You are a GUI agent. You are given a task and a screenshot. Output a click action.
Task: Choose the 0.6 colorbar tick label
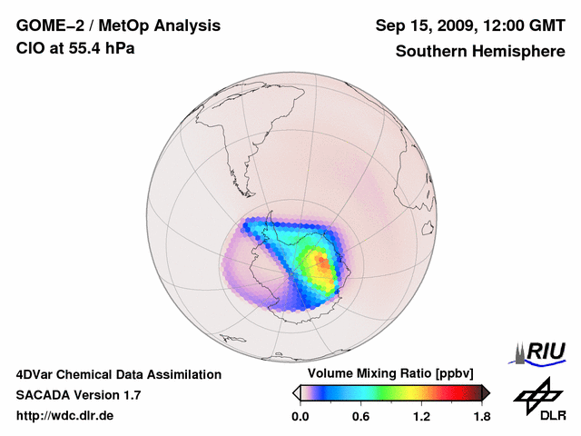[360, 417]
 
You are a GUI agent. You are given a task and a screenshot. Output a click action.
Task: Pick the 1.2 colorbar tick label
[421, 417]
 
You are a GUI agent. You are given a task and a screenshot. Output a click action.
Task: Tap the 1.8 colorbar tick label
[481, 417]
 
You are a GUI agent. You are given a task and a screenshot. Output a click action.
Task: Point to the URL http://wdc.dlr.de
[65, 416]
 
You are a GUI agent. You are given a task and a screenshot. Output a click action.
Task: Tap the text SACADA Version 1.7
[78, 395]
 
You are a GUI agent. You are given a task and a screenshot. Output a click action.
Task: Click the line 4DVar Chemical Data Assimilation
[118, 374]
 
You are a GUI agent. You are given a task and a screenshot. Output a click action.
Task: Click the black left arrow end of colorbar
[297, 392]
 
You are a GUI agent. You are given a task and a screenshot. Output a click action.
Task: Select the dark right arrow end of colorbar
[486, 392]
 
